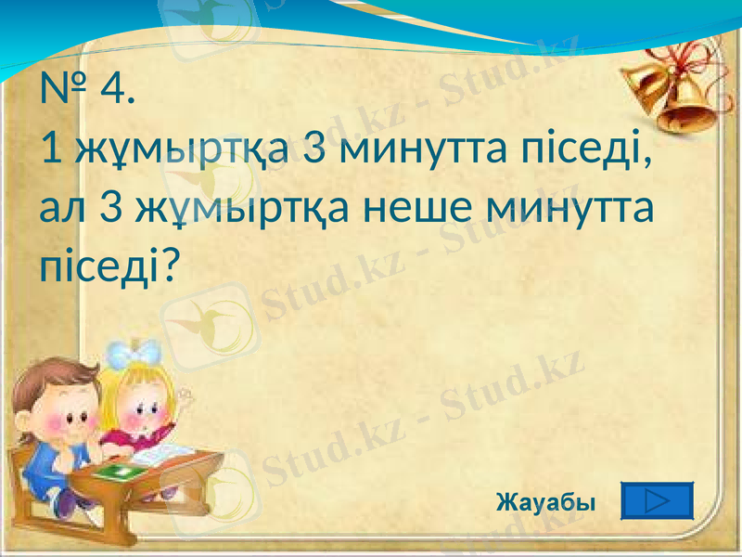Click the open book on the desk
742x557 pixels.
point(159,455)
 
